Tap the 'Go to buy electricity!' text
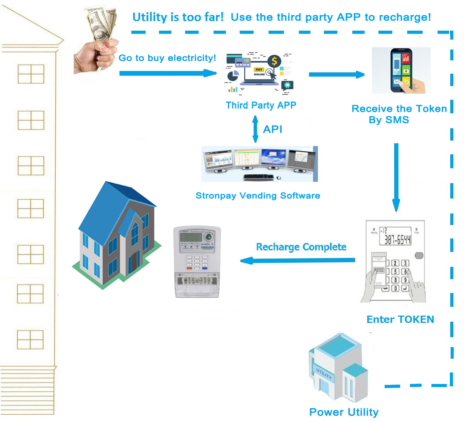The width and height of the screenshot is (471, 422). point(167,58)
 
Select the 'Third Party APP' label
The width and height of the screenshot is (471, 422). point(261,105)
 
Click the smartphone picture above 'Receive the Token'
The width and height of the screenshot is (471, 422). point(401,70)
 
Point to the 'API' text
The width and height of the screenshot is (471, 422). point(273,129)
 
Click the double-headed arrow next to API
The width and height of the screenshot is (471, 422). point(255,129)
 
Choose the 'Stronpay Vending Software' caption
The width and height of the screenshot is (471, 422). point(258,195)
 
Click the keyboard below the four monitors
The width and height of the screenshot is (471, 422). point(259,177)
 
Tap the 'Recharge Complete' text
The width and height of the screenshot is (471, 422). point(301,247)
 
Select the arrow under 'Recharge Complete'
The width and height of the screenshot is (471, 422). point(298,260)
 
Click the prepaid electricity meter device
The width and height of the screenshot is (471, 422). point(197,261)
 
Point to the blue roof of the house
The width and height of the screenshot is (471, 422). point(111,207)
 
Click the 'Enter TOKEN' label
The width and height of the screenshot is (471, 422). point(400,319)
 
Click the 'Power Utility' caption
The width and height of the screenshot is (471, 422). point(344,412)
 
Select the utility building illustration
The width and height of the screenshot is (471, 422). point(338,369)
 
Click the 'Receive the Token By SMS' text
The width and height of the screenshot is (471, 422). point(399,114)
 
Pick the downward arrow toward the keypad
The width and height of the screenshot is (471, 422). point(396,177)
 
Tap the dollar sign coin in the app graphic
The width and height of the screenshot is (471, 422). point(274,61)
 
